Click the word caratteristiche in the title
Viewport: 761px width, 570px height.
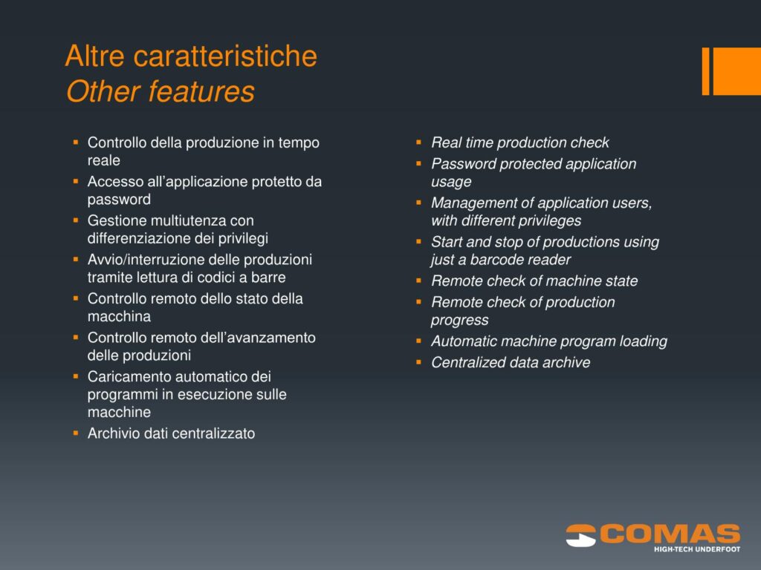[x=225, y=56]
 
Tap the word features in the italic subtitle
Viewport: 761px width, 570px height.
[x=201, y=91]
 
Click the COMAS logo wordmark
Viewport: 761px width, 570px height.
[x=670, y=534]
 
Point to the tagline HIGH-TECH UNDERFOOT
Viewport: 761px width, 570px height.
[x=697, y=549]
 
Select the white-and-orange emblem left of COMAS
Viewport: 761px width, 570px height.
[x=581, y=536]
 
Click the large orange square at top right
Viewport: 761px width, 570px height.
[x=736, y=71]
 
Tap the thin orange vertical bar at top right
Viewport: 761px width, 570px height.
[x=706, y=71]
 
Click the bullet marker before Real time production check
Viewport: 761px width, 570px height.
[x=419, y=142]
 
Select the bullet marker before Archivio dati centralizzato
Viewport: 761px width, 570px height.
[x=76, y=433]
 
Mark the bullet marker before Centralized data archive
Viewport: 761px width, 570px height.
[x=419, y=362]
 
